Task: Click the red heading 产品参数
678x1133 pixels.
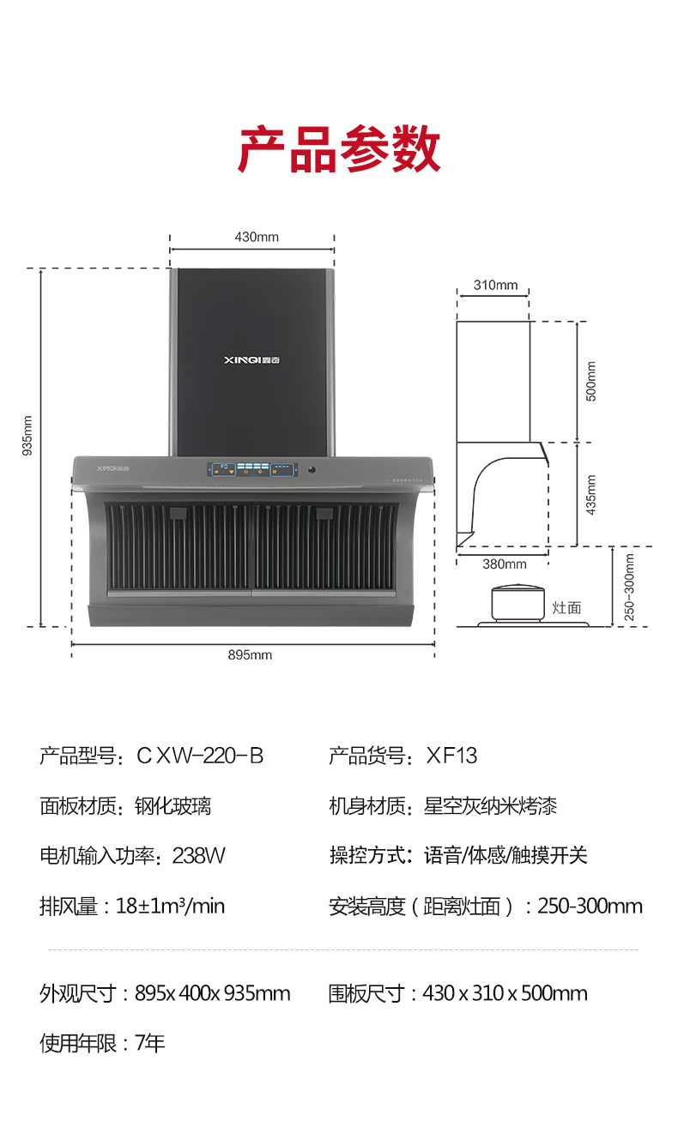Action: (339, 150)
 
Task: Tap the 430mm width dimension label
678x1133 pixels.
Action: (257, 237)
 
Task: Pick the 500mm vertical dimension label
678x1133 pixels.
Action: (590, 382)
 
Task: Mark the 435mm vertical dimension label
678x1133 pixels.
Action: (590, 495)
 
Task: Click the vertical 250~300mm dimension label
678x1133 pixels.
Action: (629, 587)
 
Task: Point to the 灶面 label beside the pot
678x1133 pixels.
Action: (566, 607)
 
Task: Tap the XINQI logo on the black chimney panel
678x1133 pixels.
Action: (251, 360)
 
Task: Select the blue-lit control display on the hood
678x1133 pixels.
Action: (252, 469)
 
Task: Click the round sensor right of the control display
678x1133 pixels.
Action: (311, 470)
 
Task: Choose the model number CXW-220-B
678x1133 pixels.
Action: (200, 756)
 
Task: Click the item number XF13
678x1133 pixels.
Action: (451, 756)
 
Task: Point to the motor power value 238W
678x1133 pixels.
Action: (198, 855)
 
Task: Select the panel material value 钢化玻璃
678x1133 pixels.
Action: (173, 805)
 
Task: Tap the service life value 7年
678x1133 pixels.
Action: (149, 1043)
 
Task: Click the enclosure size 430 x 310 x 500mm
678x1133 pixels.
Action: (505, 993)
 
